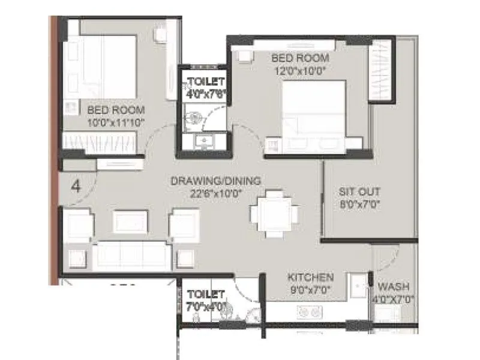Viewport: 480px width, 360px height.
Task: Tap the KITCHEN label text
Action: click(310, 277)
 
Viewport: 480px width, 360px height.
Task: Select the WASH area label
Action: click(394, 287)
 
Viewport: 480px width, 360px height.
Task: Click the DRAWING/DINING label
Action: click(215, 181)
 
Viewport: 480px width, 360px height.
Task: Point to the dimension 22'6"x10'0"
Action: click(215, 193)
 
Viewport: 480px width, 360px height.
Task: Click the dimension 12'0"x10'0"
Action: click(300, 70)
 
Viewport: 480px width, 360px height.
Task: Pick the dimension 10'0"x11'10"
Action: click(116, 122)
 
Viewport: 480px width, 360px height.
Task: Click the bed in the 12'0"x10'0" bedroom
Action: click(315, 117)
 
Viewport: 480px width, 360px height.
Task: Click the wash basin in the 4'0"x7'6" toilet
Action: click(204, 142)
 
